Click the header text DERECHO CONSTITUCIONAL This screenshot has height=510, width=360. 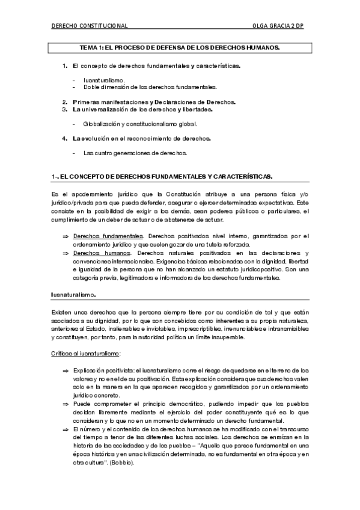(x=90, y=26)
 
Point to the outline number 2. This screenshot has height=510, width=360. (x=64, y=102)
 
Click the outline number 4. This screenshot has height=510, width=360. (x=64, y=138)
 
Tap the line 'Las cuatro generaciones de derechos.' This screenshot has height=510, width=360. (x=135, y=153)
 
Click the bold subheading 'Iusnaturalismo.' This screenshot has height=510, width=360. (x=73, y=295)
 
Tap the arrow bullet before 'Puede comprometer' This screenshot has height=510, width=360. (x=65, y=404)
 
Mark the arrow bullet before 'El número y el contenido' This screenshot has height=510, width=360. (x=65, y=430)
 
